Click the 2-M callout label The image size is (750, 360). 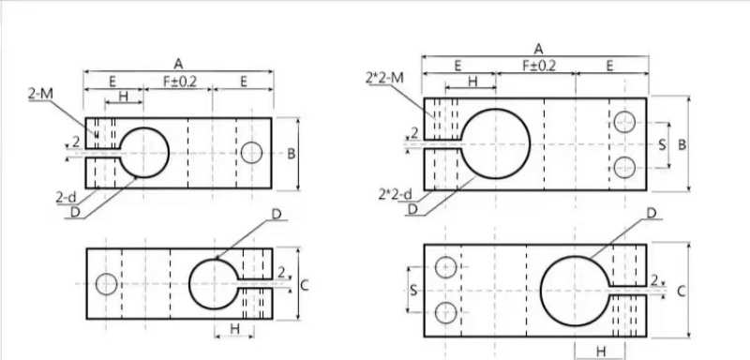(40, 94)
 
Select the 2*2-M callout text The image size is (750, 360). (384, 78)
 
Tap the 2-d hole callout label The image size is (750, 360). (66, 197)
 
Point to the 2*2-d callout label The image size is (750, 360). (395, 194)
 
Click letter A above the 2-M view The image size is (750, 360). (178, 64)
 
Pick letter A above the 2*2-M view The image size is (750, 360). (538, 49)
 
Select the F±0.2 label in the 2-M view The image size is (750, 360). (180, 82)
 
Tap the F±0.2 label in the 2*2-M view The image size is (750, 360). (538, 66)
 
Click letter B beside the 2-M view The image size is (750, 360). (291, 154)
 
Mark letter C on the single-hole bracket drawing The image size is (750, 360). (304, 285)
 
